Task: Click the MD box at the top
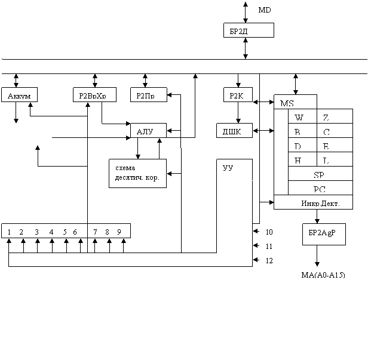270,9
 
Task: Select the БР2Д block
248,30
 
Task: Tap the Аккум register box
20,95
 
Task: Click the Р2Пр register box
148,95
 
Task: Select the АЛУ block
148,131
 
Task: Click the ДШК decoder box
234,131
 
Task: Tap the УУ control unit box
234,170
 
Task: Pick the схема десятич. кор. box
137,173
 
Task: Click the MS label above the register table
295,102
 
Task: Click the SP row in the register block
320,174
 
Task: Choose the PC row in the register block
320,189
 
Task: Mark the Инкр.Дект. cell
320,203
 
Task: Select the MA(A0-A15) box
324,275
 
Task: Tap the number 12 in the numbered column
269,260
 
